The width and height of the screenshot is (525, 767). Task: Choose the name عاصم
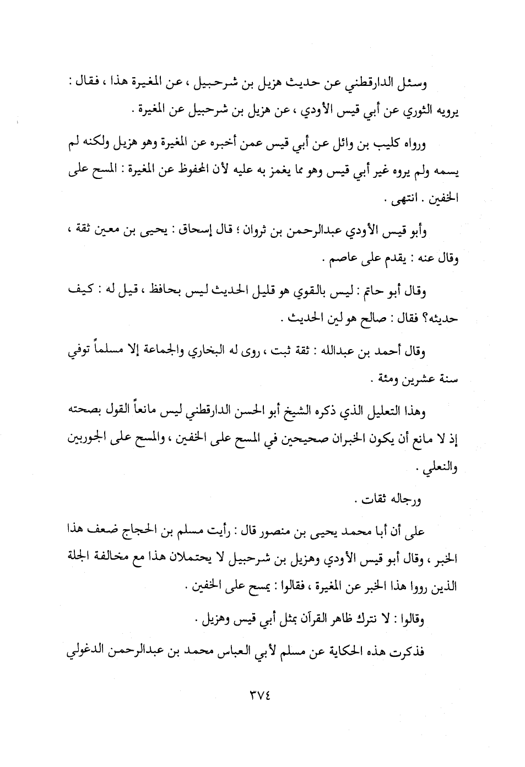coord(340,259)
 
